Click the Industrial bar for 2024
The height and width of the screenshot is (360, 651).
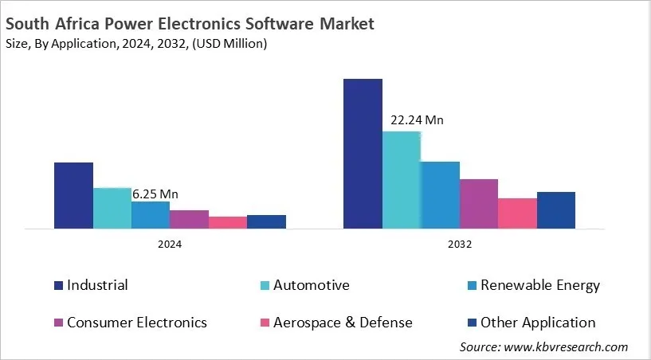click(73, 195)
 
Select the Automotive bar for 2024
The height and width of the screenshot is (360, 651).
click(112, 208)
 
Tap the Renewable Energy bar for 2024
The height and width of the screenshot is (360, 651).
click(151, 215)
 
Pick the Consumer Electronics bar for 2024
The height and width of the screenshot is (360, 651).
click(189, 219)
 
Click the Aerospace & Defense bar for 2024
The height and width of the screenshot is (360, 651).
click(228, 222)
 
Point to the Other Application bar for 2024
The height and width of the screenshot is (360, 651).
click(266, 221)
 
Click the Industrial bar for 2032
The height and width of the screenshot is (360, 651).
click(363, 154)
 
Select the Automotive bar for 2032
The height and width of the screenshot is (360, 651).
click(402, 180)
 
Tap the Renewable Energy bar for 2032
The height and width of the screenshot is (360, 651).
click(440, 195)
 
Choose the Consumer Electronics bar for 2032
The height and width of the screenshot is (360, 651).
click(479, 204)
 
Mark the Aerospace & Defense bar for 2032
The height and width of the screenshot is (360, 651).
click(517, 213)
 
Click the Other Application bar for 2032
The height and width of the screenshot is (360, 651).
click(556, 210)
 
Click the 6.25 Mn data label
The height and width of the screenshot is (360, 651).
click(155, 194)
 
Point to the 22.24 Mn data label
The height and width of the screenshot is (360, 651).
click(417, 120)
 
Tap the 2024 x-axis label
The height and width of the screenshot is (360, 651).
click(170, 245)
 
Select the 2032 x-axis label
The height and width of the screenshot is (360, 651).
click(459, 245)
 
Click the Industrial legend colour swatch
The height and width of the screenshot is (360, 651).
click(58, 285)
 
